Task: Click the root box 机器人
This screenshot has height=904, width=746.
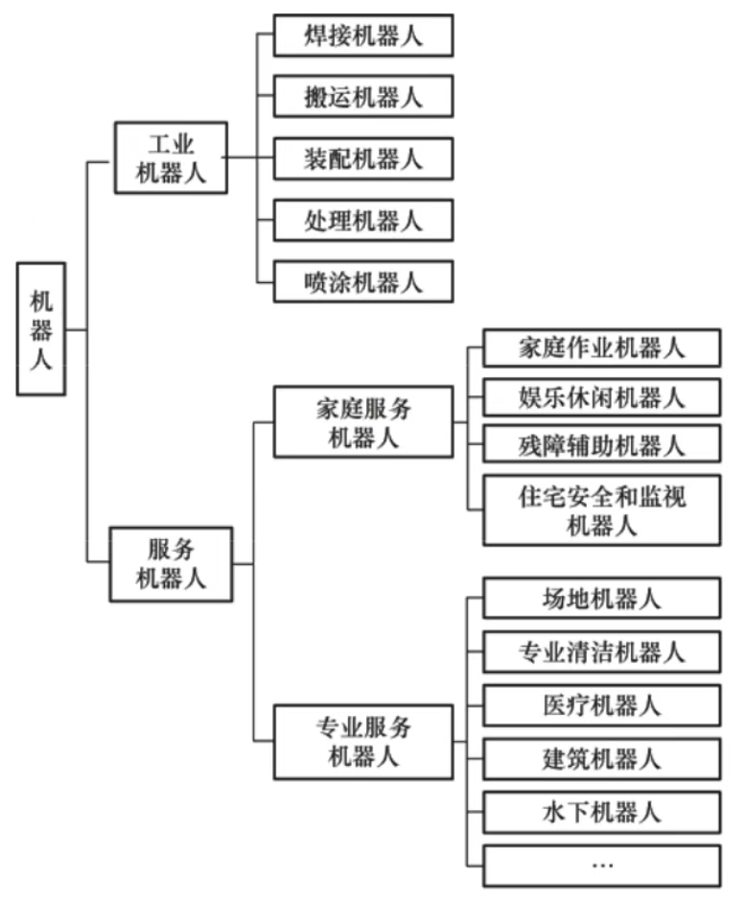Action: click(x=41, y=329)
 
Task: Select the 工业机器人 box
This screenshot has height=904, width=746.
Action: click(x=171, y=158)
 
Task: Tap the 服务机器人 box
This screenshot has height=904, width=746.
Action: click(x=171, y=564)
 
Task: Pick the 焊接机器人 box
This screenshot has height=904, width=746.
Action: click(x=362, y=36)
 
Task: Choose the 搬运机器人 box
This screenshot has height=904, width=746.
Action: click(x=362, y=97)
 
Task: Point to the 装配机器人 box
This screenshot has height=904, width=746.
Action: click(x=362, y=158)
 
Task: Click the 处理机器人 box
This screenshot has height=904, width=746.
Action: click(x=362, y=221)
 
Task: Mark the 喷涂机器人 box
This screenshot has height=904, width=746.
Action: click(x=362, y=282)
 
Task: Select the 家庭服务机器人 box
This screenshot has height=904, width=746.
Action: click(x=362, y=422)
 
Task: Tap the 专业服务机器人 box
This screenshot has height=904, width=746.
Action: click(x=362, y=741)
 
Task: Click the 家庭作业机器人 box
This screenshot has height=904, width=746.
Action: click(x=601, y=347)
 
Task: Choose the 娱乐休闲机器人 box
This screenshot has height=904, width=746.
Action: click(x=601, y=396)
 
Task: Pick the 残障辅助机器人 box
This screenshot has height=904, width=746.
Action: click(x=601, y=445)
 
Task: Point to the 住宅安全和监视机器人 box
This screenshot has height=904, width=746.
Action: click(x=601, y=510)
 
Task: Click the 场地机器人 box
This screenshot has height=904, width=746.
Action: click(x=601, y=599)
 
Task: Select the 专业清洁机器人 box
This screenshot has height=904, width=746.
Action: click(x=601, y=653)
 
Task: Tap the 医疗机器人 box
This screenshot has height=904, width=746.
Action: click(x=601, y=706)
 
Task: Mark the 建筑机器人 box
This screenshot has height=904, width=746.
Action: click(x=601, y=759)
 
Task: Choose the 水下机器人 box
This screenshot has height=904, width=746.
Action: click(x=601, y=812)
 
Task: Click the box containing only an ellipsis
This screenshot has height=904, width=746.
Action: click(x=601, y=866)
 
